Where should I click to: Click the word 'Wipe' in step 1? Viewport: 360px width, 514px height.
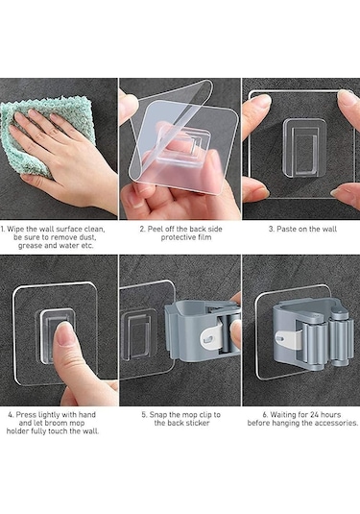(x=15, y=229)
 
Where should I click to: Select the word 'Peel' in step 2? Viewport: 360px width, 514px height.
(x=155, y=229)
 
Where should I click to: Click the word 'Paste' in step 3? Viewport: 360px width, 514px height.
(x=286, y=229)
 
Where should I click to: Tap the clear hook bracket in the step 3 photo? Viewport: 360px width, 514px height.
(x=304, y=148)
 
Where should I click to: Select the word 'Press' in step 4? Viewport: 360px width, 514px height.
(x=26, y=415)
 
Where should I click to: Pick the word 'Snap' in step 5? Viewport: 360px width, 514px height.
(x=158, y=415)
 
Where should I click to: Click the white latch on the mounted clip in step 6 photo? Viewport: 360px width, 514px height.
(x=289, y=339)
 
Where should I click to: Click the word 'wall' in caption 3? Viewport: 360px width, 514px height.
(x=329, y=229)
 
